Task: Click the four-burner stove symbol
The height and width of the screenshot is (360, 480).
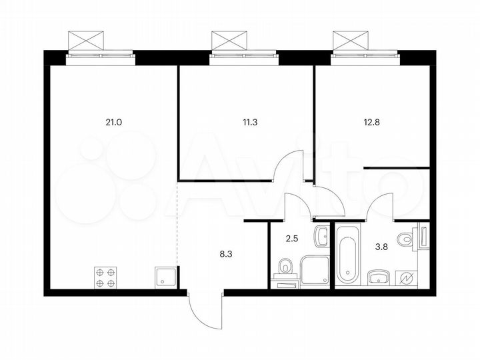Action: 104,275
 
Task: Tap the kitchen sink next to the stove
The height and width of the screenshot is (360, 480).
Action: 165,275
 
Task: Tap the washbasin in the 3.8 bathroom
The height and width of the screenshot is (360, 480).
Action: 378,277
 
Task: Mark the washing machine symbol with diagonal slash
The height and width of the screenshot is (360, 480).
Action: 407,277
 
